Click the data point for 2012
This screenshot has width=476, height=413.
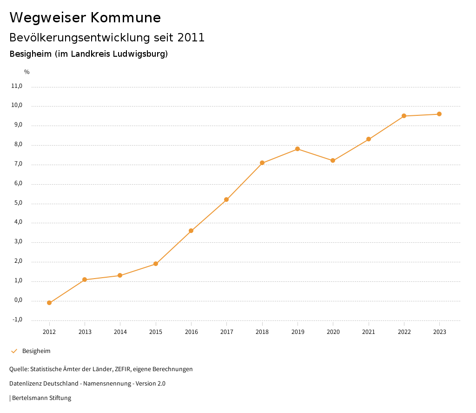click(x=49, y=303)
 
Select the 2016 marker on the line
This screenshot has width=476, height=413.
click(x=191, y=231)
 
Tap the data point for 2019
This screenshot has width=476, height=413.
click(x=297, y=149)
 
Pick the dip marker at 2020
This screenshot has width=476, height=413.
click(x=333, y=160)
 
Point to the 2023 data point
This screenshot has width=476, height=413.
click(x=439, y=114)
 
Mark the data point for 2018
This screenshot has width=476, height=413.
click(x=262, y=163)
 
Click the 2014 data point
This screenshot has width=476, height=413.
click(x=120, y=275)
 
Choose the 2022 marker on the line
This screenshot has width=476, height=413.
click(x=404, y=116)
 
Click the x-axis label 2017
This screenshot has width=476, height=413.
click(x=226, y=332)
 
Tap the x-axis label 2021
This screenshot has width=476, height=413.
click(x=369, y=332)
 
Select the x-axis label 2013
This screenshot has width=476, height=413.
click(x=85, y=332)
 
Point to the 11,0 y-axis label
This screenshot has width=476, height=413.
click(x=17, y=86)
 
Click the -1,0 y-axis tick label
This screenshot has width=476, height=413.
click(x=17, y=320)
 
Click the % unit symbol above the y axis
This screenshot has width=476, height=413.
click(x=27, y=72)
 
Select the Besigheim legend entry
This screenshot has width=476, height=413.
click(x=36, y=351)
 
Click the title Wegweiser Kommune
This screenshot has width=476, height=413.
click(x=85, y=18)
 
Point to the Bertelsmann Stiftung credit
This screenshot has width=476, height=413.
click(x=41, y=398)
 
